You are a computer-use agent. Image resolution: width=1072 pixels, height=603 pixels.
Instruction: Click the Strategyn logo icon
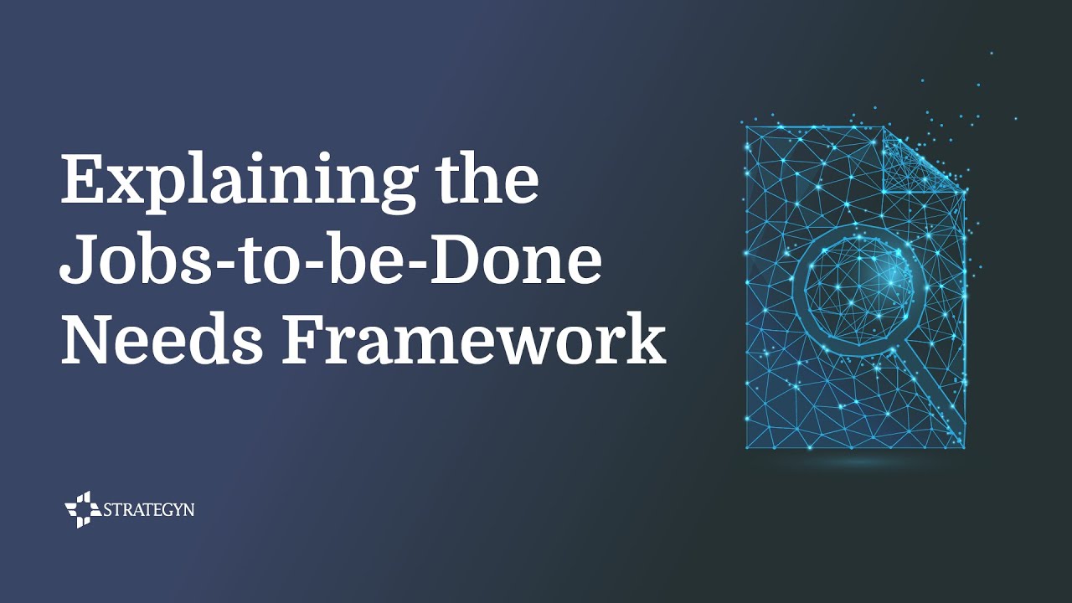pos(83,509)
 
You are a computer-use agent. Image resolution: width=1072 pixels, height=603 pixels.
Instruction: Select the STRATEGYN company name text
pos(148,509)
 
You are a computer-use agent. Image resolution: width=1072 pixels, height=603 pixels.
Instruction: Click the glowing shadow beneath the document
pos(854,461)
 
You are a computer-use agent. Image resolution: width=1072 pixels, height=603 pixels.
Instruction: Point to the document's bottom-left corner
pos(747,447)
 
